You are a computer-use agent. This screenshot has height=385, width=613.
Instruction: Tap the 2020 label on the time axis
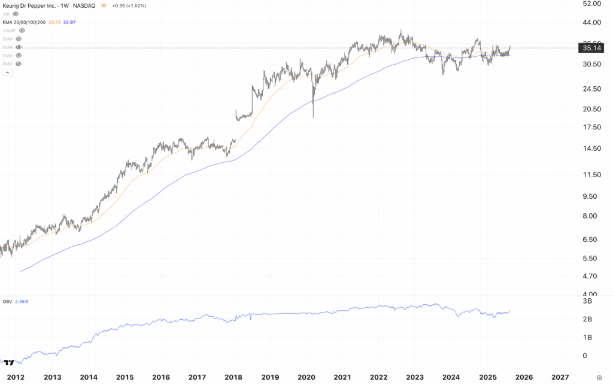306,377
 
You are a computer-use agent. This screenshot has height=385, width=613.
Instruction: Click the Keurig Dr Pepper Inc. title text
31,5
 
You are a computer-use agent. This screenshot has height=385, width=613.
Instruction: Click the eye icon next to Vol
16,14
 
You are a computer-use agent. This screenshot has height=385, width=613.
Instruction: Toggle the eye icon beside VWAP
22,30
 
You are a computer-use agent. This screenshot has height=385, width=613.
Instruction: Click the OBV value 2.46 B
22,301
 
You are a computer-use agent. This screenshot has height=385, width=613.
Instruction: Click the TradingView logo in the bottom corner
8,362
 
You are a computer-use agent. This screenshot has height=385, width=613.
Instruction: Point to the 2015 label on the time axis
125,377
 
